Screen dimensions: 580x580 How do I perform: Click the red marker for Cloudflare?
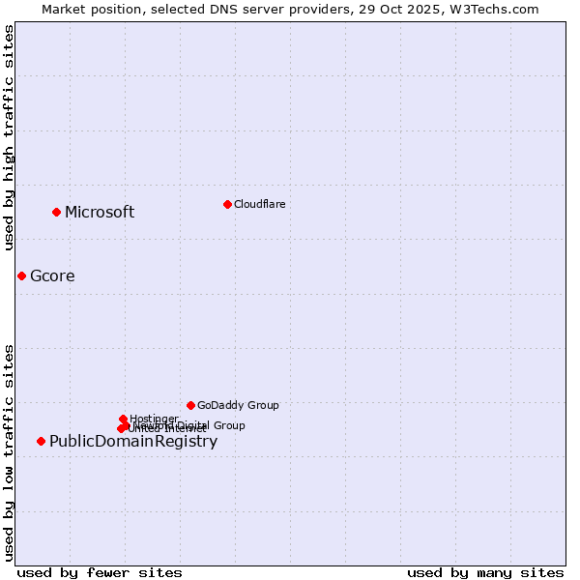pos(227,204)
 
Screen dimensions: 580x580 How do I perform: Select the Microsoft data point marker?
pos(56,212)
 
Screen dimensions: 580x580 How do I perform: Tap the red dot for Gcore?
pos(21,275)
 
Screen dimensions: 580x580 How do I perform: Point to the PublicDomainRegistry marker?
pos(41,441)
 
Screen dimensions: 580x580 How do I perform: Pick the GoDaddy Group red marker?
pos(190,405)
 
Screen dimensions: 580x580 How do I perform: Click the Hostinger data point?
pos(123,419)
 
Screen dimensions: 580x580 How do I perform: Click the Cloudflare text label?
pos(259,204)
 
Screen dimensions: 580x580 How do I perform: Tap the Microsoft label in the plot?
pos(100,213)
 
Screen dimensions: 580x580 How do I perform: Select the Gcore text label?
pos(52,276)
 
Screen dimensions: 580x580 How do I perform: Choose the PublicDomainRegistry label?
pos(133,442)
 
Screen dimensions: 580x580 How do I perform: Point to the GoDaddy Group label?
pos(238,406)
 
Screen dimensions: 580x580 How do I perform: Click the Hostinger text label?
pos(154,419)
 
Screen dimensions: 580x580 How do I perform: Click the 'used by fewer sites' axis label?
pos(100,572)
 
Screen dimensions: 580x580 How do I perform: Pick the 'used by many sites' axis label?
pos(485,572)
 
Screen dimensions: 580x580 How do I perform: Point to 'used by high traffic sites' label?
pos(10,137)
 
